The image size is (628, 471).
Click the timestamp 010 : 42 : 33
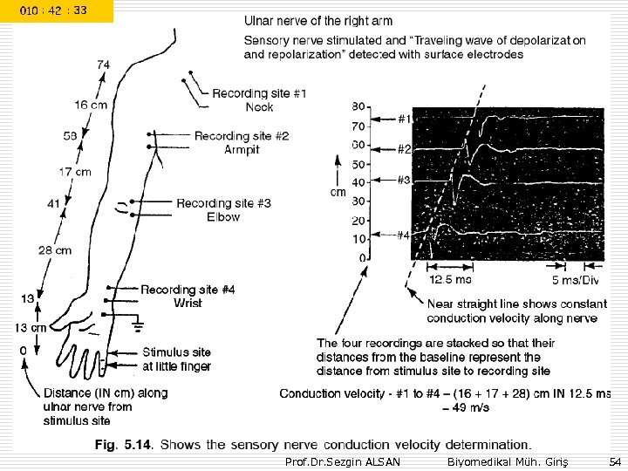point(56,11)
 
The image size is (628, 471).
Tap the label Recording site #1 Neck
point(259,99)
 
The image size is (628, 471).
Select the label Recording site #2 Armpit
point(242,142)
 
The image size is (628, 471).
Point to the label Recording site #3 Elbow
point(223,209)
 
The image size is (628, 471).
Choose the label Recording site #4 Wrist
point(188,296)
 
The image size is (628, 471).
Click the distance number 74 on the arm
point(104,65)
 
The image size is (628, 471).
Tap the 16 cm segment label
point(91,105)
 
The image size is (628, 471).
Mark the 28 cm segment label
point(55,250)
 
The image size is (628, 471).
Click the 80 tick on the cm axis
point(358,106)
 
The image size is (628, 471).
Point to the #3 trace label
point(404,180)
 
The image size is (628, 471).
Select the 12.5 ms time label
point(450,280)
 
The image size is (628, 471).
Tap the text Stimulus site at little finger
point(176,359)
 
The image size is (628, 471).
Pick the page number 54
point(614,461)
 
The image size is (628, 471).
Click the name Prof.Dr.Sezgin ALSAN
point(343,461)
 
